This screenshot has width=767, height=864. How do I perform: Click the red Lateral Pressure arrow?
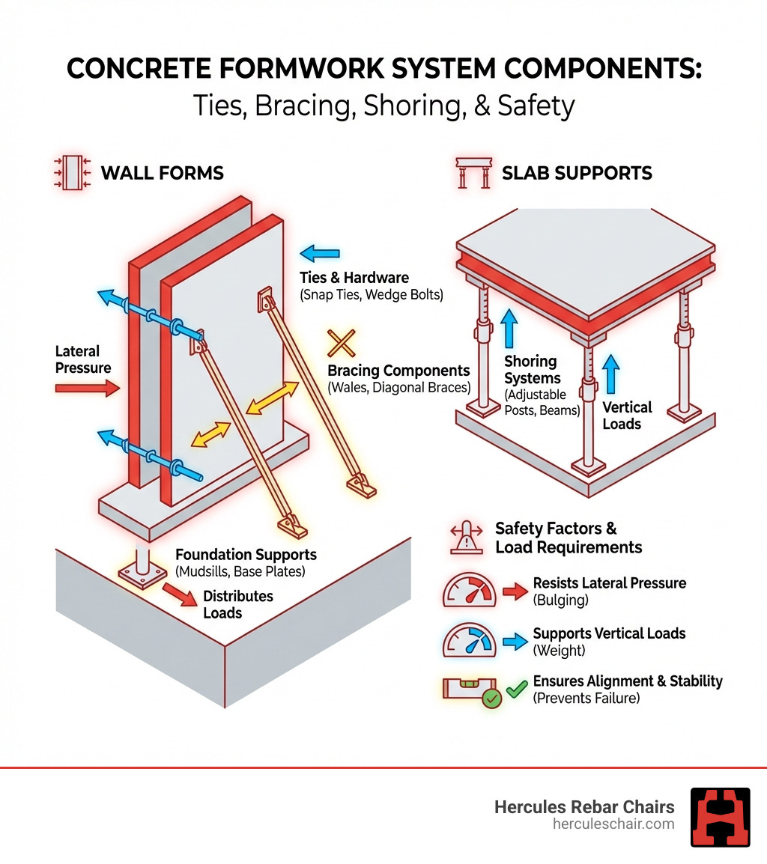point(87,388)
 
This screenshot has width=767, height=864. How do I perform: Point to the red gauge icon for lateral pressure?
point(469,591)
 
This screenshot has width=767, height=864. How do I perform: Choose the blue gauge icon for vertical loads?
point(469,641)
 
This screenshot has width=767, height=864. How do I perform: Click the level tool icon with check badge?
point(472,691)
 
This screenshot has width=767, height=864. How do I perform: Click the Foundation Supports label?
point(246,555)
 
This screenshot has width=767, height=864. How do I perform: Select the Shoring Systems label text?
point(530,370)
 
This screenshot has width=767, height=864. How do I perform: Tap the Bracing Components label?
point(398,371)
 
